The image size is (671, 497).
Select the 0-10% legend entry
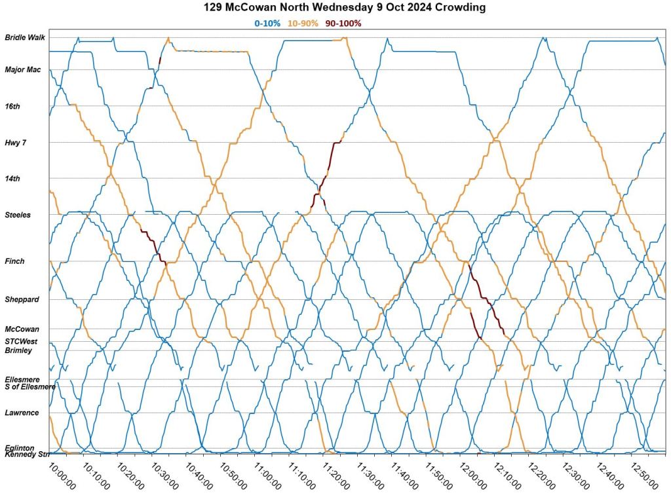pyautogui.click(x=267, y=24)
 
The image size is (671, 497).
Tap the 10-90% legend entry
pyautogui.click(x=303, y=24)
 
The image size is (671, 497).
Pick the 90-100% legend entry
pyautogui.click(x=343, y=24)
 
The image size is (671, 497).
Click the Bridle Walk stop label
pyautogui.click(x=25, y=37)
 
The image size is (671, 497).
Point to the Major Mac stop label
pyautogui.click(x=23, y=69)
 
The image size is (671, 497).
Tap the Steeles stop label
pyautogui.click(x=18, y=215)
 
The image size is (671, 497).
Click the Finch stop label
pyautogui.click(x=14, y=261)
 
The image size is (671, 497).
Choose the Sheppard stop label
pyautogui.click(x=22, y=299)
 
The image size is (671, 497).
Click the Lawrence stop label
pyautogui.click(x=22, y=413)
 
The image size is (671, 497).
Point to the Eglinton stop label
pyautogui.click(x=20, y=448)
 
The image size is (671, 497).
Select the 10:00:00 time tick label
pyautogui.click(x=63, y=476)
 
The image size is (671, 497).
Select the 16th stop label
pyautogui.click(x=12, y=106)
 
